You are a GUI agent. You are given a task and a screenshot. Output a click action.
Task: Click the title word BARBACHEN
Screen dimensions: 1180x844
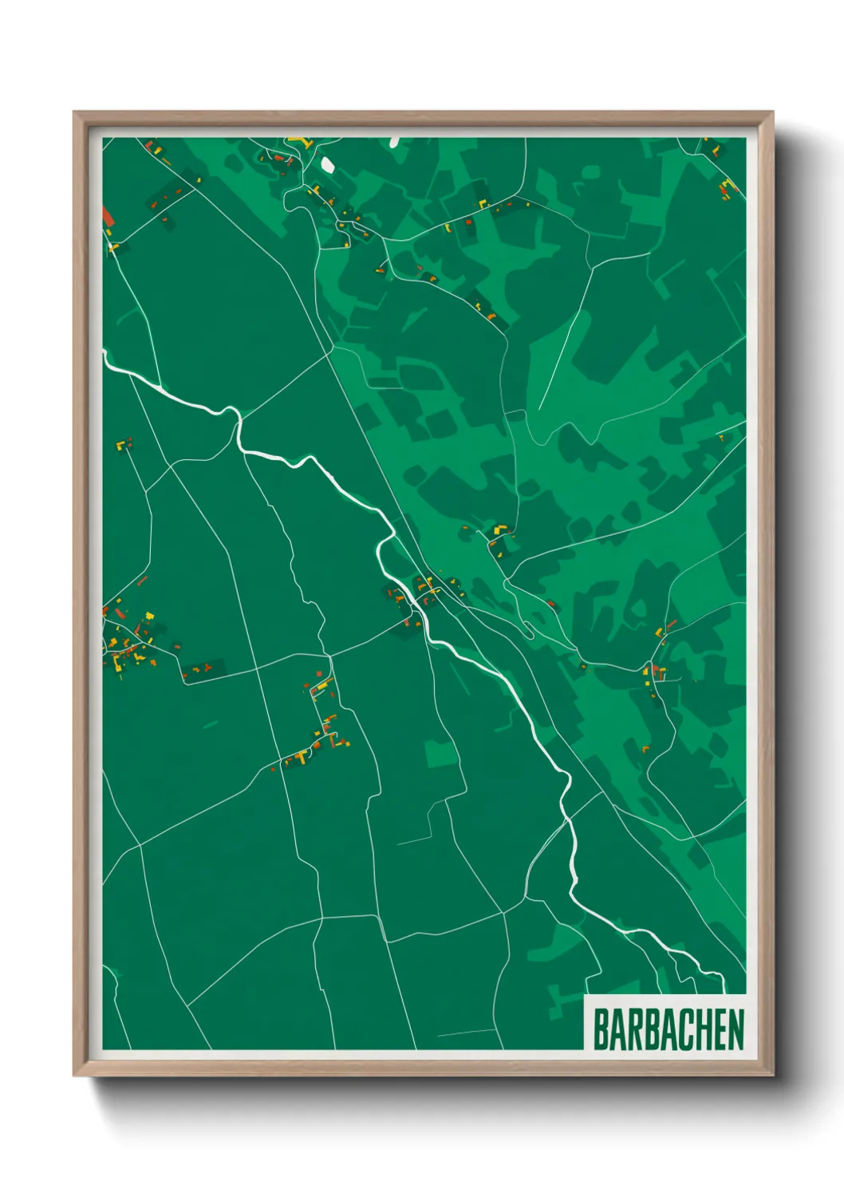[668, 1029]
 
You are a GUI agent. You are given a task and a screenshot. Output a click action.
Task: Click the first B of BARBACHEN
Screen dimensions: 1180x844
[600, 1029]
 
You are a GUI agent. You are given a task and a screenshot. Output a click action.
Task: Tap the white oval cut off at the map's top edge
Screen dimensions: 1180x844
[394, 142]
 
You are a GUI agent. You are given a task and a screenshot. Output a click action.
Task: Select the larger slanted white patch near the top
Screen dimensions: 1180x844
[327, 165]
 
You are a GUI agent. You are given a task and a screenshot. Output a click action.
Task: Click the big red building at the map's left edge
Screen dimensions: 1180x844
[107, 218]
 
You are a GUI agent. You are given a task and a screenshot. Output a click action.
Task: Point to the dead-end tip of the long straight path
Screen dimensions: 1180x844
[539, 409]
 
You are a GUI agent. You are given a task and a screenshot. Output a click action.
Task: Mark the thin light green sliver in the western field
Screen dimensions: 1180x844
[211, 725]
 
